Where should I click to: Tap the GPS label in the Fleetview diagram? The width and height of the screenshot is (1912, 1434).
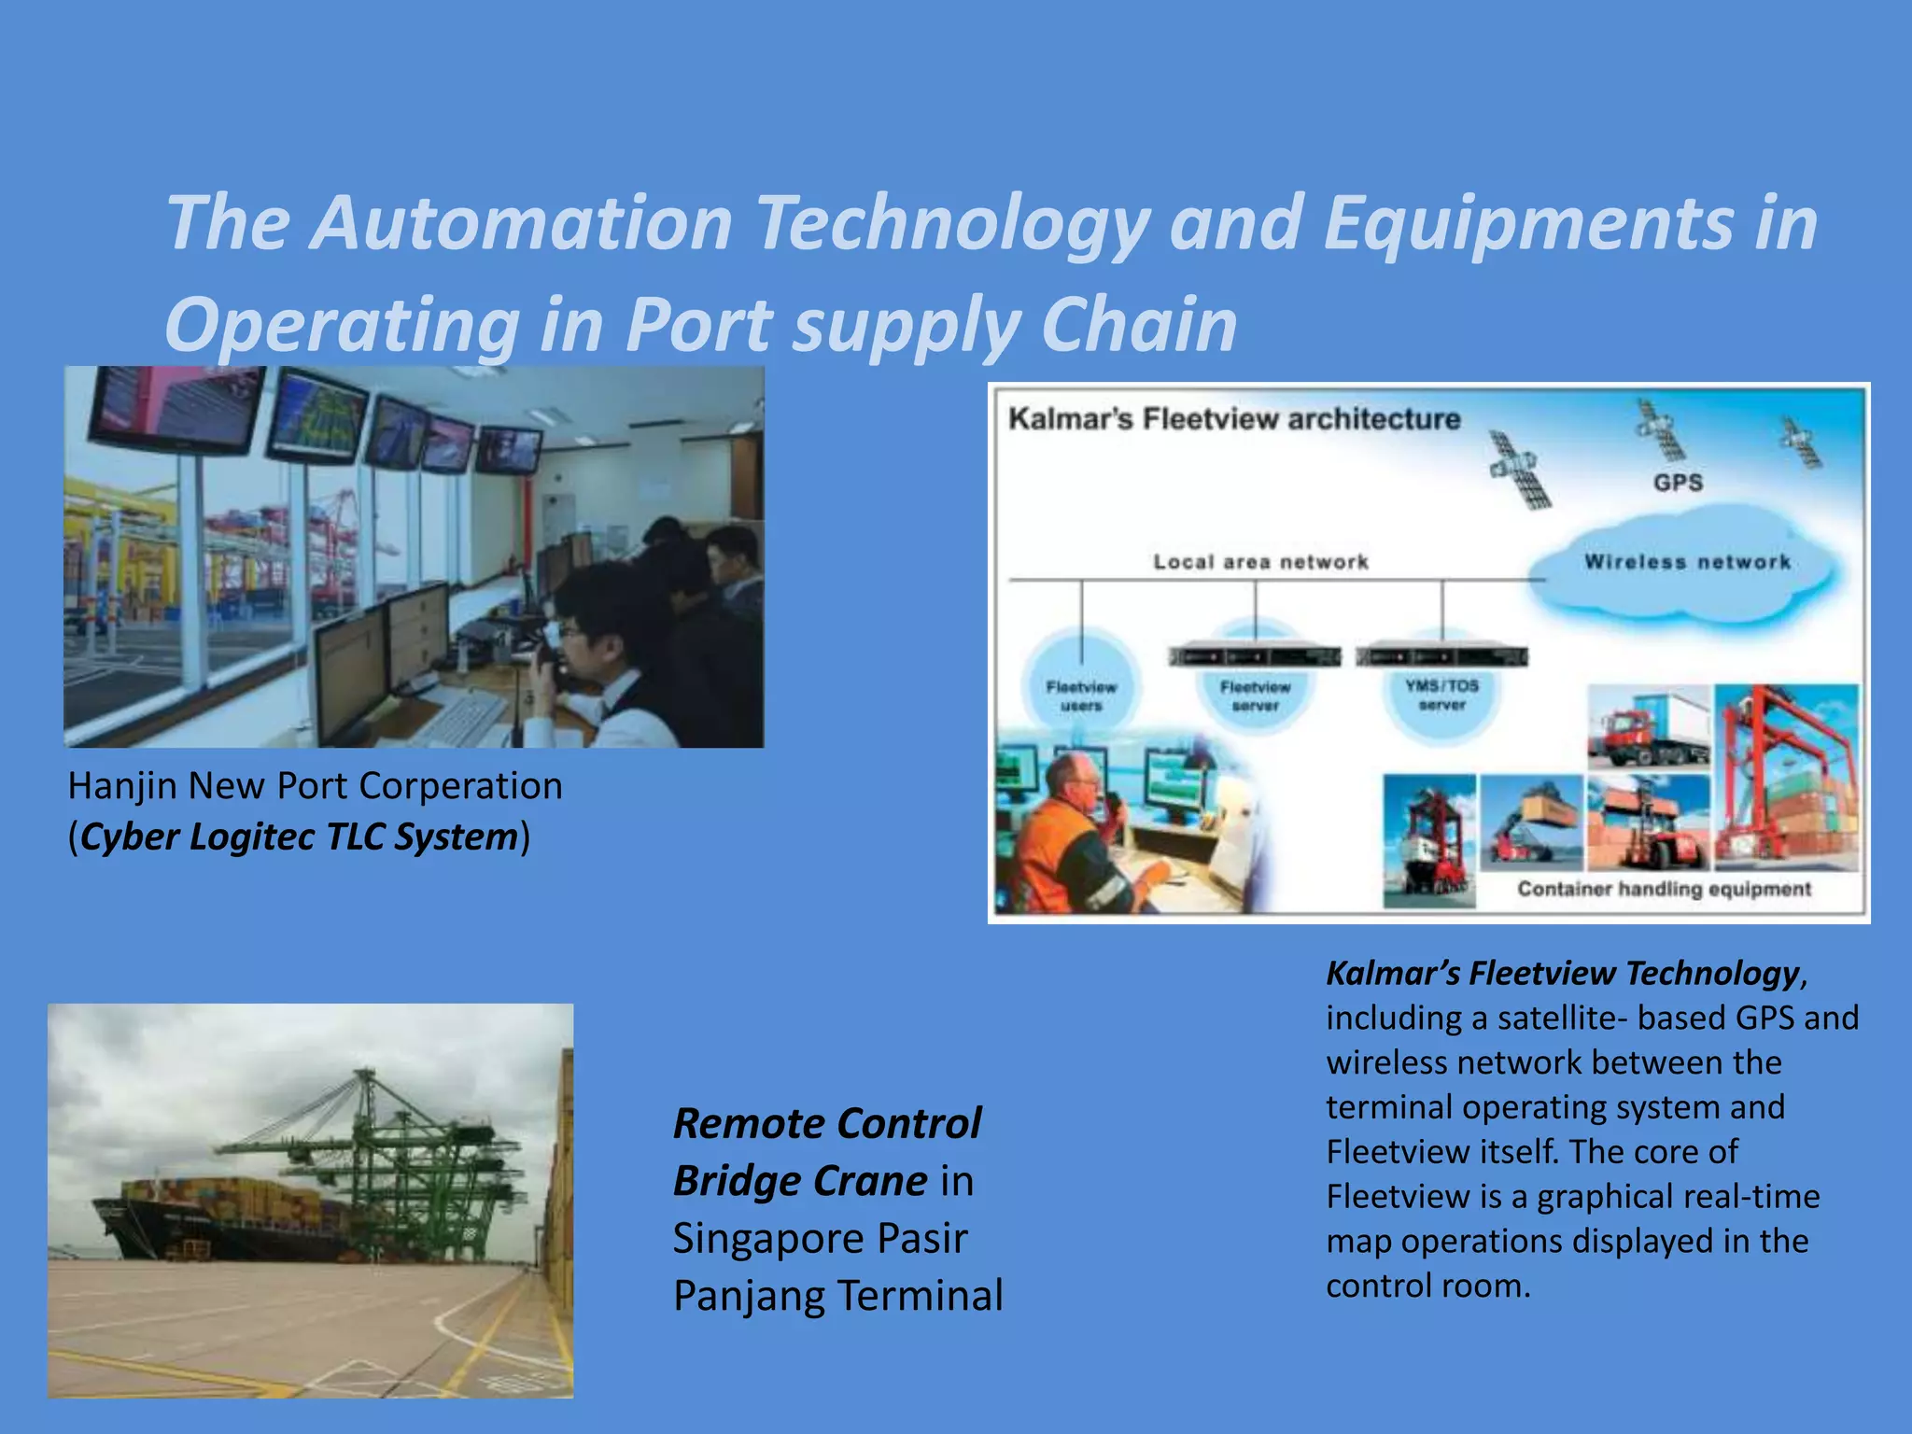click(1678, 483)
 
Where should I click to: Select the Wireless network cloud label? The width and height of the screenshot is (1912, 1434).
click(1687, 562)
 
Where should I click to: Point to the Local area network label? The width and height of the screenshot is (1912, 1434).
click(1260, 562)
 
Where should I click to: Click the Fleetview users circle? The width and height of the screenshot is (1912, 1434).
click(1081, 696)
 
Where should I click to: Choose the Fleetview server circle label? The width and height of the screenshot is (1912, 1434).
click(1255, 696)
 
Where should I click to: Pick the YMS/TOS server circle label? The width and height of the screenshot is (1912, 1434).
click(1441, 695)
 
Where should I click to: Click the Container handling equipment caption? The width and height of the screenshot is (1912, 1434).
click(1664, 889)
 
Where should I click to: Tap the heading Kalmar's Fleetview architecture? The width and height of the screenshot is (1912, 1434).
click(1234, 419)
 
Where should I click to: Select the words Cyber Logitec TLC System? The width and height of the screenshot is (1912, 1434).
click(299, 836)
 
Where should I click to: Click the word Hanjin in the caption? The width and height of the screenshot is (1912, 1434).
click(122, 786)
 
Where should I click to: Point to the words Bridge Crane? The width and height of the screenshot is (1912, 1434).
click(800, 1181)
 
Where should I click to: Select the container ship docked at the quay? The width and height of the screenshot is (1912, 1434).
click(224, 1223)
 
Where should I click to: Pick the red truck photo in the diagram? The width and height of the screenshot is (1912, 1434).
click(1649, 726)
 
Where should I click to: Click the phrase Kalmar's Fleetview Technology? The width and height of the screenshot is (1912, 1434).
click(1562, 974)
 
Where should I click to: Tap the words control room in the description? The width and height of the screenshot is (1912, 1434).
click(1427, 1286)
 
